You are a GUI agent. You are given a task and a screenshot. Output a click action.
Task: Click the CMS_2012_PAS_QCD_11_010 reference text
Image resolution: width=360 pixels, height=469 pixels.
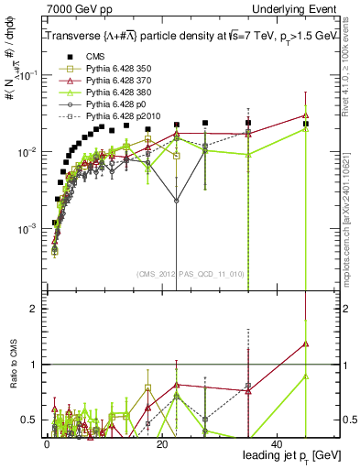[x=176, y=273]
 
